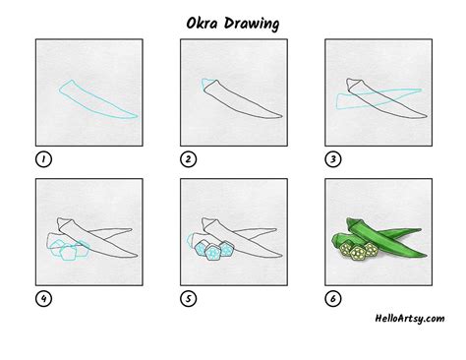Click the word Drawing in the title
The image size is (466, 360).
click(x=252, y=25)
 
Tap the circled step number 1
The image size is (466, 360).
click(x=43, y=159)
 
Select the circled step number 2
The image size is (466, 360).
click(x=188, y=159)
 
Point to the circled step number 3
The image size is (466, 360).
click(x=333, y=159)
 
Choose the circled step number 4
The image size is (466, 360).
click(x=43, y=299)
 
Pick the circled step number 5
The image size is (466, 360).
click(x=188, y=299)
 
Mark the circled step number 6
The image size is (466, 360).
click(x=333, y=299)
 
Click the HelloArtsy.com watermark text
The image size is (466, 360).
click(x=410, y=319)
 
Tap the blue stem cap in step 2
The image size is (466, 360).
click(x=207, y=84)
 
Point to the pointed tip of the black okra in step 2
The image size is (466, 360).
click(x=282, y=116)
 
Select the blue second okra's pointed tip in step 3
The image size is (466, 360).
click(x=421, y=90)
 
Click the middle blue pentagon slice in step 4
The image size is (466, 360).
click(x=68, y=253)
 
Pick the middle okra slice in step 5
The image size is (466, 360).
click(x=213, y=253)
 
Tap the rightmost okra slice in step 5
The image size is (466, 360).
click(x=226, y=249)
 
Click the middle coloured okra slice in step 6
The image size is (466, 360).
click(x=358, y=253)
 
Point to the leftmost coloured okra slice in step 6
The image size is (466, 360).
click(x=346, y=249)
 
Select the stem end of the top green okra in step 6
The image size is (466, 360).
click(x=351, y=223)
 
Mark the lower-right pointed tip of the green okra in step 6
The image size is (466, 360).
click(x=427, y=255)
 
